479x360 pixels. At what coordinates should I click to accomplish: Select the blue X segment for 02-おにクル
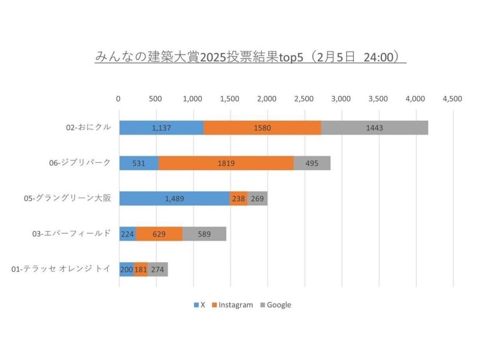click(161, 128)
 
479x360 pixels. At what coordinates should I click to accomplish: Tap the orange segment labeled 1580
click(262, 128)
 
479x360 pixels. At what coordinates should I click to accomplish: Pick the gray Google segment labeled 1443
click(374, 128)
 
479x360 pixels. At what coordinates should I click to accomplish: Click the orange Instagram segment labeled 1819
click(226, 163)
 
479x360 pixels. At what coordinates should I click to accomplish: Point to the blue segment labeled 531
click(139, 163)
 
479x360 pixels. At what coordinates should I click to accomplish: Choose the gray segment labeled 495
click(312, 163)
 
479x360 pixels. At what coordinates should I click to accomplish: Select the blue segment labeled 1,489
click(174, 198)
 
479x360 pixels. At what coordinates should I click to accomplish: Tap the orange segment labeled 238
click(238, 198)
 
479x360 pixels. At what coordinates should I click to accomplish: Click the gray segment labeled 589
click(204, 234)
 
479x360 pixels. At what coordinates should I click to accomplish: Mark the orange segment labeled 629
click(159, 234)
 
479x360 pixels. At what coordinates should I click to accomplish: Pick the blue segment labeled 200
click(126, 269)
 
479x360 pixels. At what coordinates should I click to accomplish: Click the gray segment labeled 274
click(157, 269)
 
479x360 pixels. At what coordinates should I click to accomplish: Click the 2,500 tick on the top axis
click(304, 99)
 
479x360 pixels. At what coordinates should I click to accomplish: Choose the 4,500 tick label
click(452, 99)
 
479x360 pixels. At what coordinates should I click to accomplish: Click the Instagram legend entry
click(232, 305)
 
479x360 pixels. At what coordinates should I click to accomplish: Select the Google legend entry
click(275, 305)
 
